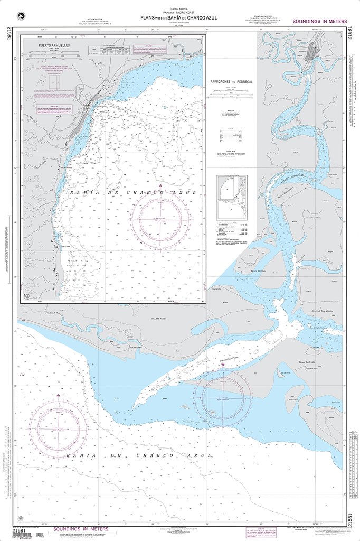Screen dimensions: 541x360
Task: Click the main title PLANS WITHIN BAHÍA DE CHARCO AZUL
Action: (178, 17)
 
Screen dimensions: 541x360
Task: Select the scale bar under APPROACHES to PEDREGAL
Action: (231, 96)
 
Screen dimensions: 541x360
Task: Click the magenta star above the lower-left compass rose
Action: (58, 395)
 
